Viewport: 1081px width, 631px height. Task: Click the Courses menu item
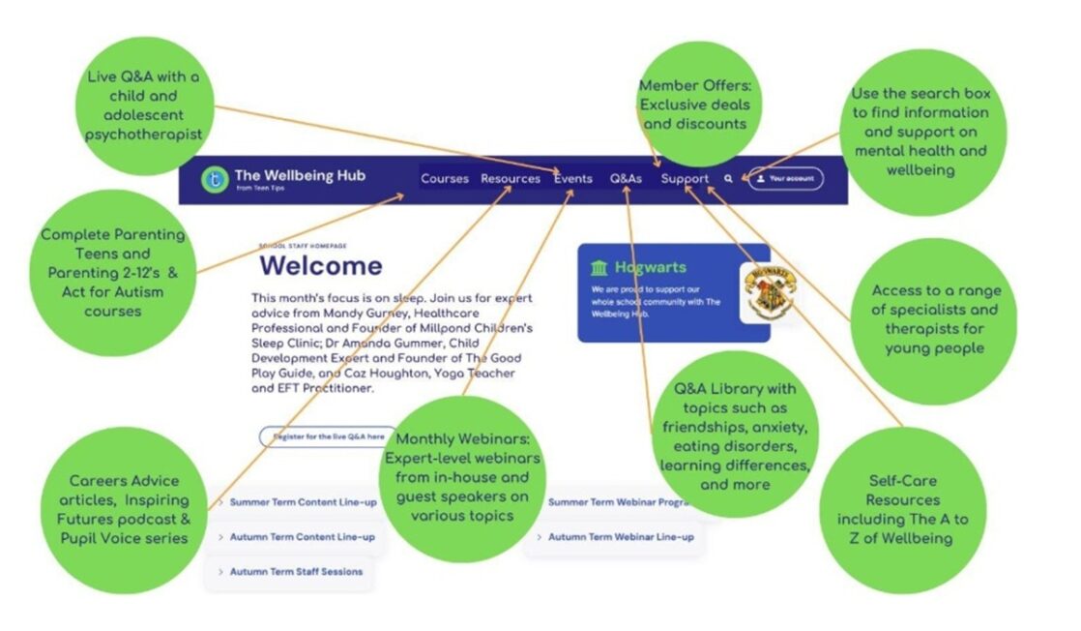444,179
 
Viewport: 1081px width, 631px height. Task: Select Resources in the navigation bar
511,179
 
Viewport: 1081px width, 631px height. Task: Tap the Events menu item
573,179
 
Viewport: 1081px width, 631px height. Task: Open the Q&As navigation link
626,179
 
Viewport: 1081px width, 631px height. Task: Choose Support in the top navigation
685,179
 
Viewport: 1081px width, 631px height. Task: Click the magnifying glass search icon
728,179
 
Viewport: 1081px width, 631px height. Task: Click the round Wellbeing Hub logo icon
214,179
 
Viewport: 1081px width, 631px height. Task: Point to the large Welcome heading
321,265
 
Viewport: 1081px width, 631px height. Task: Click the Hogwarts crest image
770,289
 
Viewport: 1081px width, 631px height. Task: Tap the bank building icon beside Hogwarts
599,268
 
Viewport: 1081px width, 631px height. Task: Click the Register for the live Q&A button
329,436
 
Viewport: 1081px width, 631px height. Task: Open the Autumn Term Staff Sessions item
296,572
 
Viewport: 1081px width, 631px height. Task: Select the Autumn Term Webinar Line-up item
620,537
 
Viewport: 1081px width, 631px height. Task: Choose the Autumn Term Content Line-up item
302,537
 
